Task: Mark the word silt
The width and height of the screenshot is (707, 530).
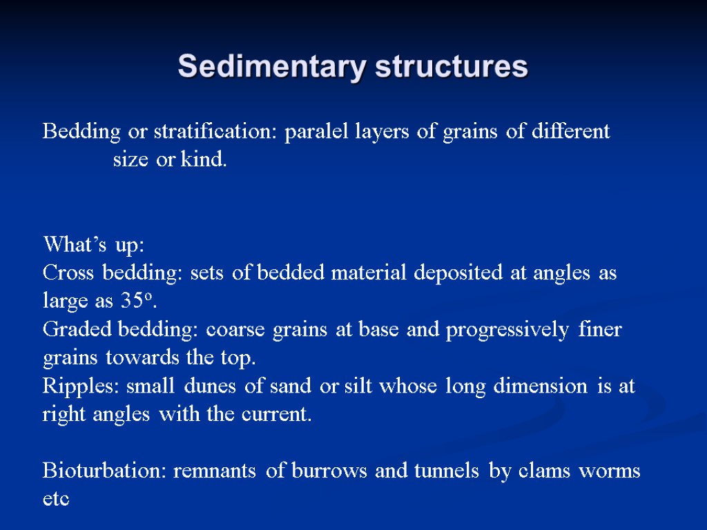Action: pyautogui.click(x=356, y=386)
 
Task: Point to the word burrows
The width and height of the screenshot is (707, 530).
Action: pyautogui.click(x=331, y=471)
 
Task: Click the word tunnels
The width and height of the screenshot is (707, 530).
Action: pyautogui.click(x=447, y=471)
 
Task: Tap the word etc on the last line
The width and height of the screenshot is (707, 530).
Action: pyautogui.click(x=56, y=500)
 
